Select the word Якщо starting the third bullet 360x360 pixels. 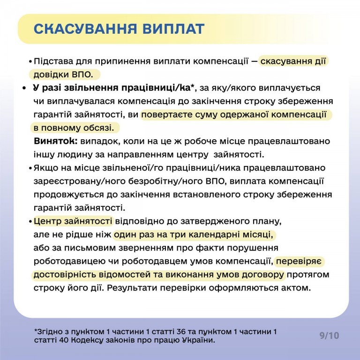click(45, 168)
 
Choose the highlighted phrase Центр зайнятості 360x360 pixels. click(73, 221)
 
